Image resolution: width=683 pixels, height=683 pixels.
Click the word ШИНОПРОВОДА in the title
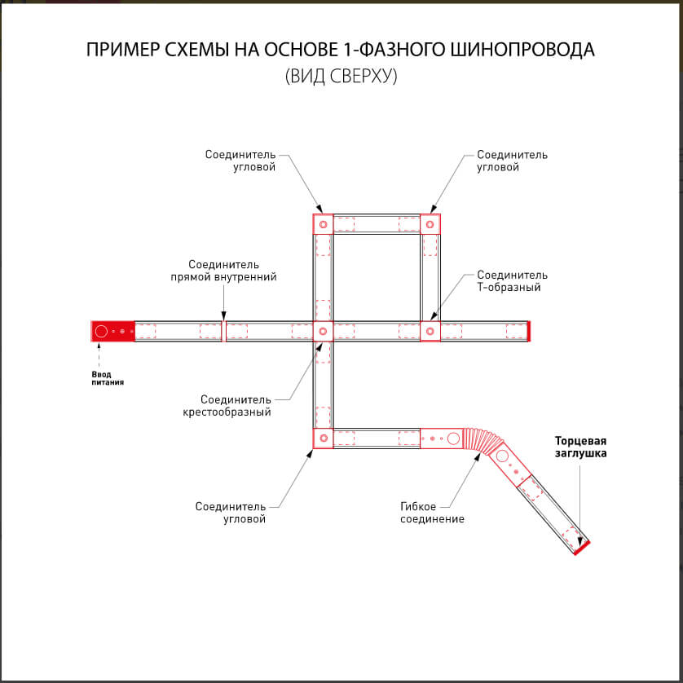(x=522, y=50)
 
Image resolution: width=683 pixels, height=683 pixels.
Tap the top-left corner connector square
(x=323, y=224)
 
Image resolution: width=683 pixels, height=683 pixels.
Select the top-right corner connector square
(x=430, y=224)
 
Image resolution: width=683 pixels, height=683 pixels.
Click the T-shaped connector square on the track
(x=430, y=331)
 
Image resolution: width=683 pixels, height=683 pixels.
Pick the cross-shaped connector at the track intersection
(x=323, y=331)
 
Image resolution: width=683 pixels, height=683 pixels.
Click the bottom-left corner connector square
(x=323, y=438)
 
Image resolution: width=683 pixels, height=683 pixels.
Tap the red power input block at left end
(x=112, y=331)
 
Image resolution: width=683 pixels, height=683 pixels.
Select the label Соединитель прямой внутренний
(x=223, y=271)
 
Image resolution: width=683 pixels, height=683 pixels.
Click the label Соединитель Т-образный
(x=512, y=281)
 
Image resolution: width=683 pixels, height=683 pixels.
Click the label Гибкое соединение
(x=432, y=512)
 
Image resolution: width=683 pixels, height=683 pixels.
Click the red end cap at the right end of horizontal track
(x=529, y=331)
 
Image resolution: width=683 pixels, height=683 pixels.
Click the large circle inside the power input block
(x=101, y=331)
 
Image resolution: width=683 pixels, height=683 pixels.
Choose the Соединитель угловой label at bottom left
(x=231, y=513)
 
